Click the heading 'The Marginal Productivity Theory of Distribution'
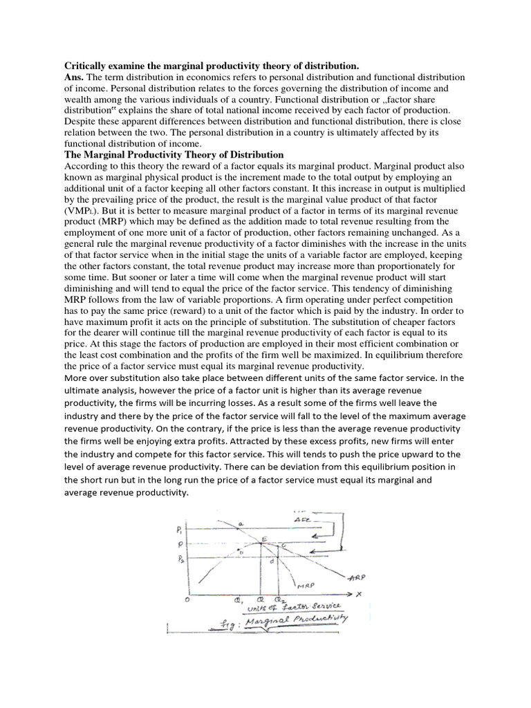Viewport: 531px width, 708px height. (174, 153)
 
